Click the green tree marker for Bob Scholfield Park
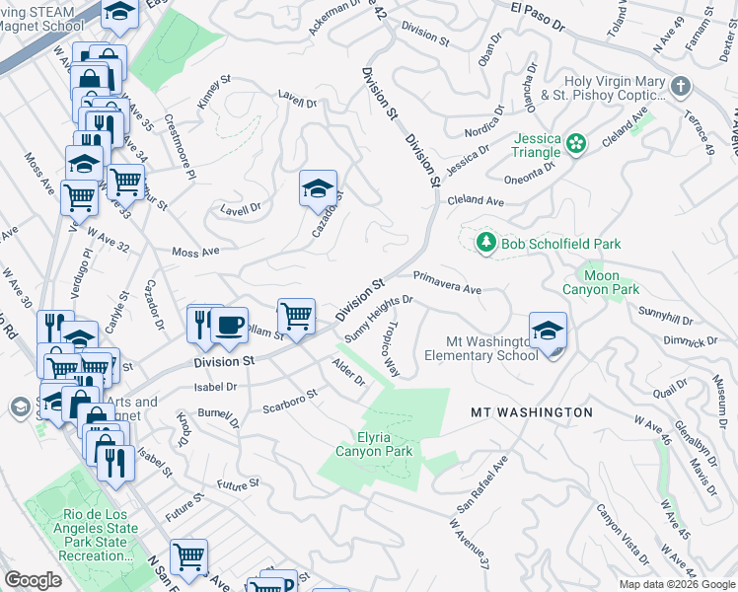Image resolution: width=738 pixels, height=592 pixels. click(484, 243)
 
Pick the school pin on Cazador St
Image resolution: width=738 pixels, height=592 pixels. click(319, 187)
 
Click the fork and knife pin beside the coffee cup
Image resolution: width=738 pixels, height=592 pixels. click(203, 324)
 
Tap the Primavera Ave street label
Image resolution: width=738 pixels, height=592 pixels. click(447, 283)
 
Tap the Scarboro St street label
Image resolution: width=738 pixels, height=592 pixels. click(289, 401)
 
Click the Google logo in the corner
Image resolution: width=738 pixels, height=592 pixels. click(34, 580)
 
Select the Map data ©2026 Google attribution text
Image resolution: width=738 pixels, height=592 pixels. click(676, 584)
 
